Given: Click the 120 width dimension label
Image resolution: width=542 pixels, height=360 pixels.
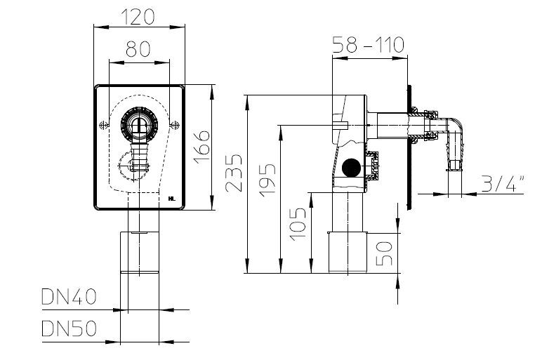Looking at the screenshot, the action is [x=138, y=17].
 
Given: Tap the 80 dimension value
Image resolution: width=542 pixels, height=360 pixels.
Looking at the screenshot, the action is [x=138, y=48].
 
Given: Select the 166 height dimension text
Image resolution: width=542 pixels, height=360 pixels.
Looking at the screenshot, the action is [x=202, y=147].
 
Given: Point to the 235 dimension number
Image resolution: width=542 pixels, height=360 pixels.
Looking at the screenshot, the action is [x=234, y=173].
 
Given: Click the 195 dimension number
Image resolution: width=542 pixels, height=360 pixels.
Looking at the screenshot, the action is [x=267, y=180].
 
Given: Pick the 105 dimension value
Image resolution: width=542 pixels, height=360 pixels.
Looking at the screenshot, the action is [x=298, y=224].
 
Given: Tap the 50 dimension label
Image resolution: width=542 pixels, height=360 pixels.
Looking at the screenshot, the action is [x=384, y=253].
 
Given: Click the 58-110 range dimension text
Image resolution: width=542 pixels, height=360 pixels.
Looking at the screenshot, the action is [x=368, y=45].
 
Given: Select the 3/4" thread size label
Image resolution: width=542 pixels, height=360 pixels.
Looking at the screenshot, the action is [x=503, y=183].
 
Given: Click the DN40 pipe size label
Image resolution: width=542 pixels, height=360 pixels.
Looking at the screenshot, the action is [x=69, y=297].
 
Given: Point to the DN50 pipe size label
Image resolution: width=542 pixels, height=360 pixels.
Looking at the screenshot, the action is [x=69, y=328].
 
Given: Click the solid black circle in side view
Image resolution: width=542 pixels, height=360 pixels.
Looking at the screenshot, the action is [x=351, y=168].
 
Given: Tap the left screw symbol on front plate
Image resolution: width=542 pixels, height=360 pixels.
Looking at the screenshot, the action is [x=103, y=125].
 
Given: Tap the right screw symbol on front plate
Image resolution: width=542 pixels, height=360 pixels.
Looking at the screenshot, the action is [x=175, y=125].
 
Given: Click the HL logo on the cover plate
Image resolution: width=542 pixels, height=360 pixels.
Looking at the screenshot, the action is [x=172, y=199].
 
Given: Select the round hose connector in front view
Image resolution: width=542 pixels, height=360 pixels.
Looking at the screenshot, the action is [x=139, y=124].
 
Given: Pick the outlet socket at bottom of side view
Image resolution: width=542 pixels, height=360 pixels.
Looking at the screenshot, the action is [x=348, y=252].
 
